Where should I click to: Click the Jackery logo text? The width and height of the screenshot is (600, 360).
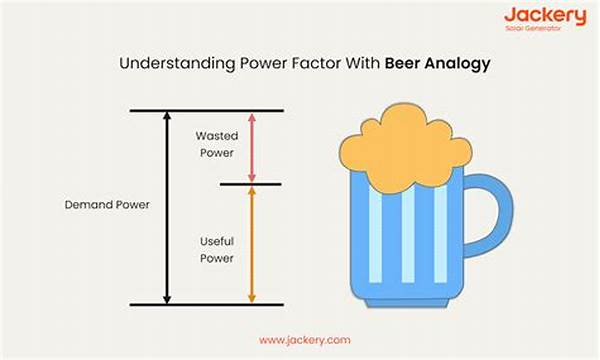tap(544, 16)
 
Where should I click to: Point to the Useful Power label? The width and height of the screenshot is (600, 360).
tap(216, 251)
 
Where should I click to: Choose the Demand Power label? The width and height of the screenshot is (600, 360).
tap(107, 204)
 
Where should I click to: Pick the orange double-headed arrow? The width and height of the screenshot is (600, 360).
tap(252, 245)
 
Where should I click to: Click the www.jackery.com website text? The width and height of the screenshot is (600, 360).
tap(304, 340)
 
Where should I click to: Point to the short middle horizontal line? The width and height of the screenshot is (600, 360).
tap(251, 184)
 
